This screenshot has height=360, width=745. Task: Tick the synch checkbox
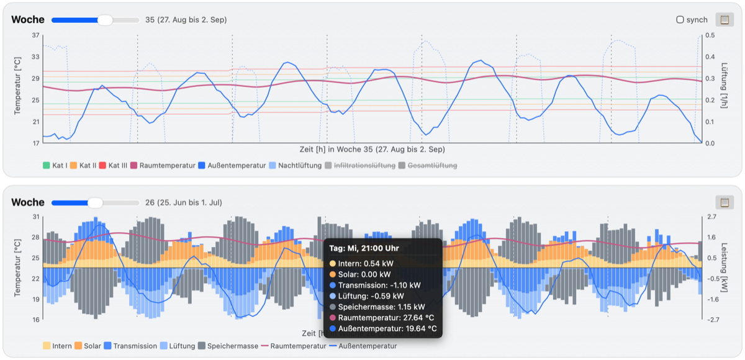pos(680,20)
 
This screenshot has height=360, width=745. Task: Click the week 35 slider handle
pos(105,20)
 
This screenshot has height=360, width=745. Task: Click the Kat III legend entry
pos(113,165)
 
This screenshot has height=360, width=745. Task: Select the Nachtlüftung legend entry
pos(296,165)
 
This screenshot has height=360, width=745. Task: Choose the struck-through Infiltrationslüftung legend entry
pos(360,165)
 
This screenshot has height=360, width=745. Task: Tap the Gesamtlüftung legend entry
pos(428,165)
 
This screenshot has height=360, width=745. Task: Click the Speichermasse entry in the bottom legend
pos(228,346)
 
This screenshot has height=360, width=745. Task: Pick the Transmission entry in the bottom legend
pos(130,346)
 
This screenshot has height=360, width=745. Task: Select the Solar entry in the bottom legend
pos(88,346)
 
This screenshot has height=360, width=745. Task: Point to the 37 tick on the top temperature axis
pos(35,35)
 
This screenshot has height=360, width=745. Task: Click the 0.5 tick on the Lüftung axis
pos(710,35)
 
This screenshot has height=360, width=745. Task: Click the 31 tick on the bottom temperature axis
pos(35,217)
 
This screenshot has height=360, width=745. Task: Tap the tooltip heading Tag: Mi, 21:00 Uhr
pos(364,248)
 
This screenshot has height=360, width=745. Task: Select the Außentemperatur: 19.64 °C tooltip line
pos(383,328)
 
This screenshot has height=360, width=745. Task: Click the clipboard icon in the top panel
pos(725,20)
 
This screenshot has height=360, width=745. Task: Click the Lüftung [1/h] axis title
pos(724,86)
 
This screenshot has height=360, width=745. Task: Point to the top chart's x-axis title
pos(372,149)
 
